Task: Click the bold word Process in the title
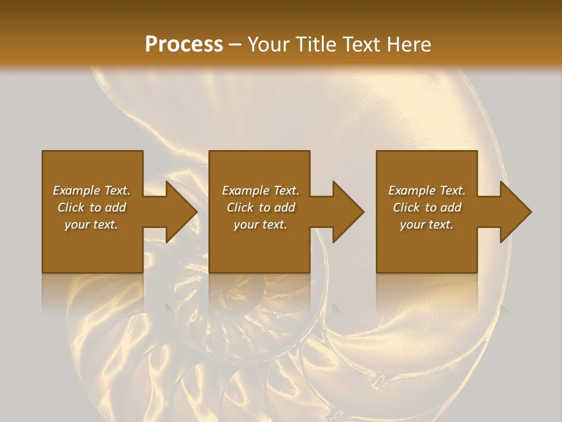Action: (x=184, y=45)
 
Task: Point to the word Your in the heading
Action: (x=269, y=45)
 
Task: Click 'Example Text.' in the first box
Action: (x=91, y=190)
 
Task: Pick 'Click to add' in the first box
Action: (x=91, y=207)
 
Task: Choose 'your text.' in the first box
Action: (x=91, y=224)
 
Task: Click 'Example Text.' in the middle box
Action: (x=260, y=190)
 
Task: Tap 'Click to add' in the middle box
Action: (x=260, y=207)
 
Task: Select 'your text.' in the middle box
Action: (x=260, y=224)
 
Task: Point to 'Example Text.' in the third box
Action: (x=427, y=190)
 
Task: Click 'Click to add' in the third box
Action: (x=427, y=207)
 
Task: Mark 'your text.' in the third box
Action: (x=427, y=224)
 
